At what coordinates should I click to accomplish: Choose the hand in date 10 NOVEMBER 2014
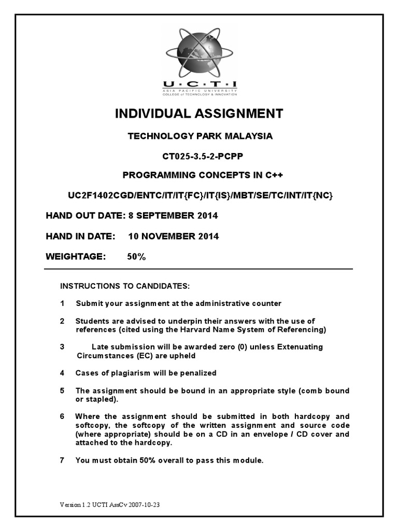coord(174,236)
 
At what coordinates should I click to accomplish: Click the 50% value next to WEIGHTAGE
coord(136,257)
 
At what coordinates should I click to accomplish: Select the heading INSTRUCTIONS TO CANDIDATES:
coord(125,286)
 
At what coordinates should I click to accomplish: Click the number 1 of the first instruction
coord(62,303)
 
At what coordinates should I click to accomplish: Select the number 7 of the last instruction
coord(62,460)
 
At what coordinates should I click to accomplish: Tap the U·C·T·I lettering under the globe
coord(200,85)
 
